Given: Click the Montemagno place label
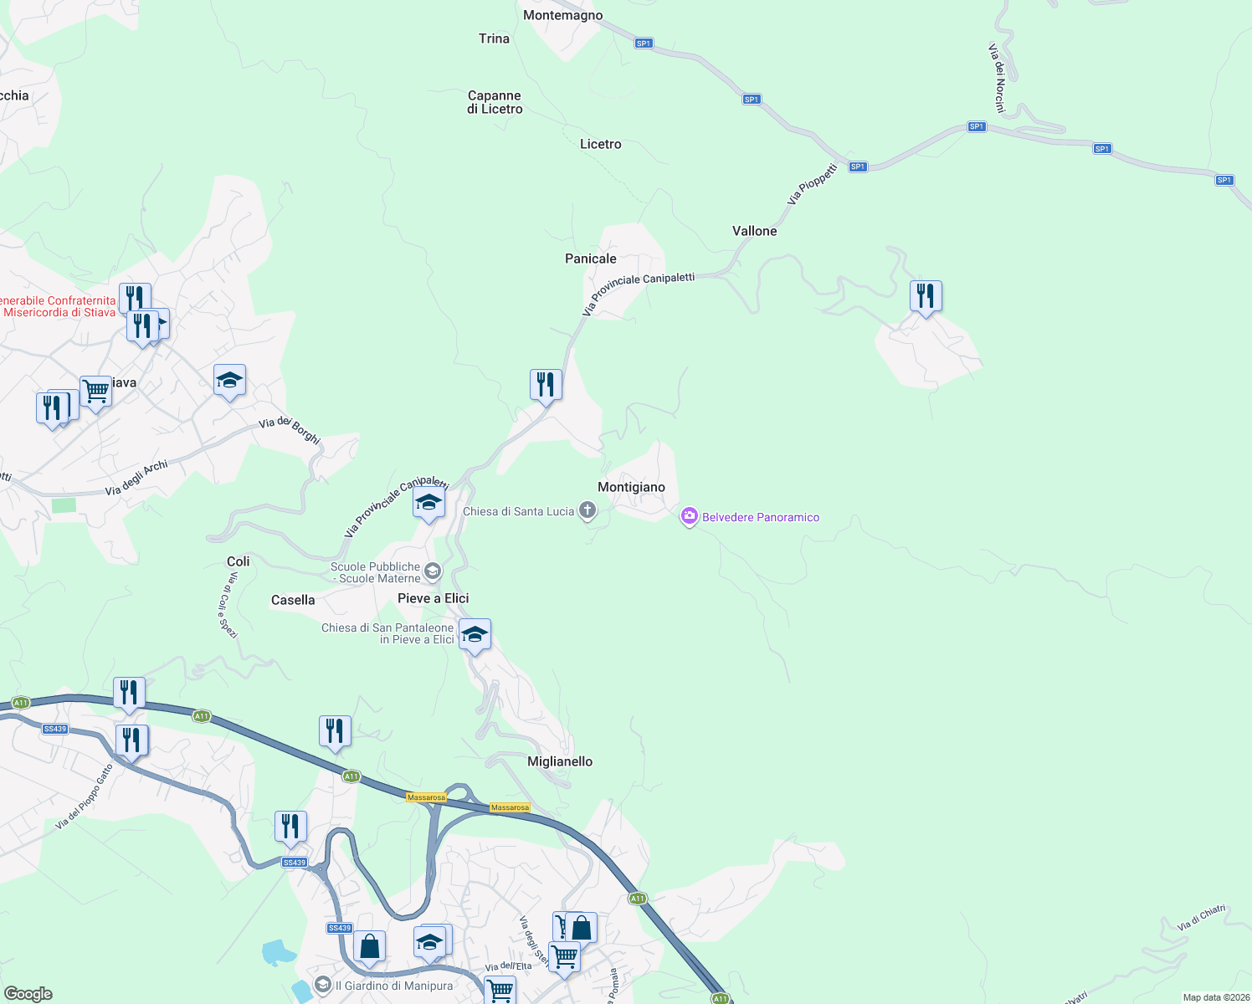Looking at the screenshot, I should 562,15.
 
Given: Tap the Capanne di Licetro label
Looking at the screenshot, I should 495,102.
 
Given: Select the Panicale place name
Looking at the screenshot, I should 590,259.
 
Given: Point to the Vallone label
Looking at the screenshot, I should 754,231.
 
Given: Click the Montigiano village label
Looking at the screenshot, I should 631,487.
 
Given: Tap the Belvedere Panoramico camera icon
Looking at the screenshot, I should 689,516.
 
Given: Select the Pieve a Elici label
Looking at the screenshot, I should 433,598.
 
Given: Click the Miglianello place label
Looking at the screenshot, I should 560,761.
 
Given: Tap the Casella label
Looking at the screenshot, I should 293,600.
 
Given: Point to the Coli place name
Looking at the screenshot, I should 239,561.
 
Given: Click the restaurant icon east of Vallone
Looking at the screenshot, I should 925,296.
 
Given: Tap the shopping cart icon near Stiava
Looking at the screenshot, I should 95,390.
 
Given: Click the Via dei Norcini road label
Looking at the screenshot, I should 997,78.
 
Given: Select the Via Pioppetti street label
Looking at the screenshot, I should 812,185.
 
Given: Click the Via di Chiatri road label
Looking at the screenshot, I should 1201,918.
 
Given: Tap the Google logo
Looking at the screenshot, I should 28,994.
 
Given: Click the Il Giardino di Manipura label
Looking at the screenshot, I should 393,986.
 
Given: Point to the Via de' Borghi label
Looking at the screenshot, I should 290,429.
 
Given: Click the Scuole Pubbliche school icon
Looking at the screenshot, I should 433,571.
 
